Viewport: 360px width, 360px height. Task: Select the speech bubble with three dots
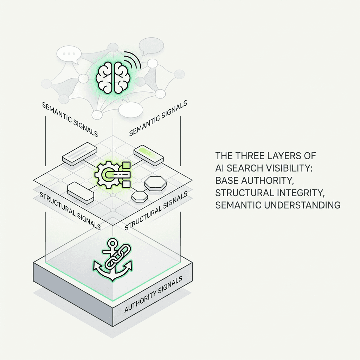pyautogui.click(x=69, y=54)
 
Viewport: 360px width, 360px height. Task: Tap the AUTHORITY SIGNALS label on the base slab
pyautogui.click(x=153, y=295)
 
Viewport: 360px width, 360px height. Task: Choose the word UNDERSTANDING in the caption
pyautogui.click(x=302, y=205)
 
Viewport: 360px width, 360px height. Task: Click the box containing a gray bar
pyautogui.click(x=79, y=154)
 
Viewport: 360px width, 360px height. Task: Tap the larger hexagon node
pyautogui.click(x=155, y=183)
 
